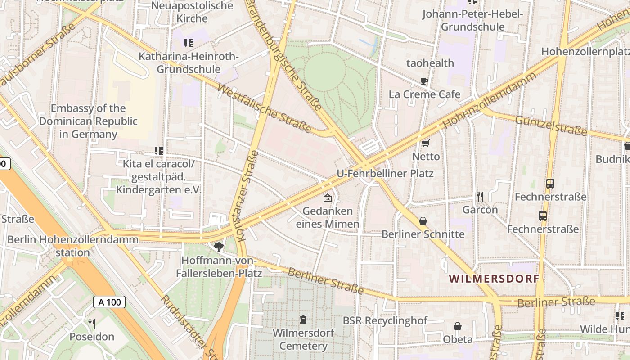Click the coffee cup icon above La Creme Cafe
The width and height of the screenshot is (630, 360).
424,81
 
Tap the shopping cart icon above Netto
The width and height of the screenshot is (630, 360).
425,143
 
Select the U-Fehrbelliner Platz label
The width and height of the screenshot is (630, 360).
385,173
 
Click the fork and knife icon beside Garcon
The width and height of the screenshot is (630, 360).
480,196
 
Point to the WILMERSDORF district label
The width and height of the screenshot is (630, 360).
494,279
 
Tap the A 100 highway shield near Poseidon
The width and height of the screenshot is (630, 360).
109,302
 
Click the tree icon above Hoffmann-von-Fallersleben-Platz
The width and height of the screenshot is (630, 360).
219,247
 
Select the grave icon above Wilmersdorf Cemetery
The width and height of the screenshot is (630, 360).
303,319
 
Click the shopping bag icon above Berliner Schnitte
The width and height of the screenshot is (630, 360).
423,221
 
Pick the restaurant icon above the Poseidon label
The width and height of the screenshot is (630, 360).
92,323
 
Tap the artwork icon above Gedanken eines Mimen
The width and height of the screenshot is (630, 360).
328,198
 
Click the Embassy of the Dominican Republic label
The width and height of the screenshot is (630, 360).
88,121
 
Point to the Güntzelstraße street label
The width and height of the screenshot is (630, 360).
551,126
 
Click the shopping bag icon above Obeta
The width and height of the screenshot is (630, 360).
458,326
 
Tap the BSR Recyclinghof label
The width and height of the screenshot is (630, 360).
385,321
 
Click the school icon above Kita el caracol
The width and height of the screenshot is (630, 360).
158,150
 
